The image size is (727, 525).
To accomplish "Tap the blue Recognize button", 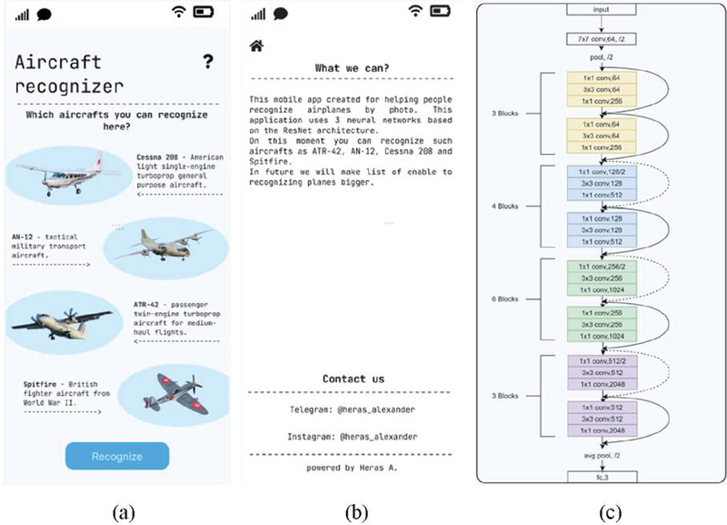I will (117, 456).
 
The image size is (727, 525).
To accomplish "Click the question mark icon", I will (209, 62).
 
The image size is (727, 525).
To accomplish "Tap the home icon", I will (257, 45).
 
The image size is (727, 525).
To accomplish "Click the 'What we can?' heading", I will (352, 68).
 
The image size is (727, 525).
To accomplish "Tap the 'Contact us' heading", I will (354, 379).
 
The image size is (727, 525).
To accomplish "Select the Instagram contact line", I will (354, 437).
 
